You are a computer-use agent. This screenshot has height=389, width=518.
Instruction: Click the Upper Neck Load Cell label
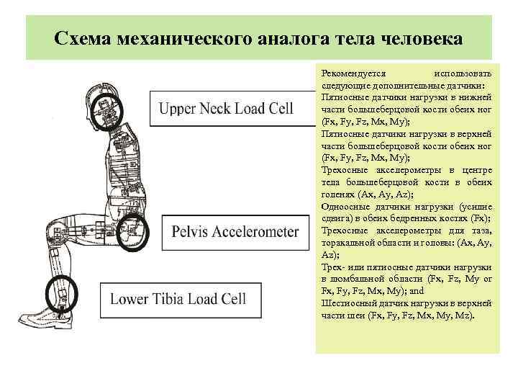pyautogui.click(x=226, y=109)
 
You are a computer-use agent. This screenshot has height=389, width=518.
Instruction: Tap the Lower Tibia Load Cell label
pyautogui.click(x=178, y=298)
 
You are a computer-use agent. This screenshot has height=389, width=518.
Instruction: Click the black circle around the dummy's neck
pyautogui.click(x=110, y=109)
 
